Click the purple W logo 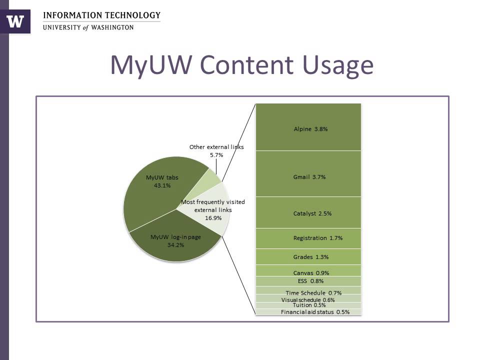point(15,21)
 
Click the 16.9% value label point(212,218)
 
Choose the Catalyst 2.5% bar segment point(308,213)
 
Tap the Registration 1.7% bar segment point(308,238)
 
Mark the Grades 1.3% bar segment point(308,257)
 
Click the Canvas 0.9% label point(310,273)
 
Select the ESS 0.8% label point(310,281)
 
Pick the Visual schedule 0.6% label point(308,300)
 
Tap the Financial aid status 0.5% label point(315,312)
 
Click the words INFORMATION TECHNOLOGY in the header point(102,15)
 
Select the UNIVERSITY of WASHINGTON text point(88,27)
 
